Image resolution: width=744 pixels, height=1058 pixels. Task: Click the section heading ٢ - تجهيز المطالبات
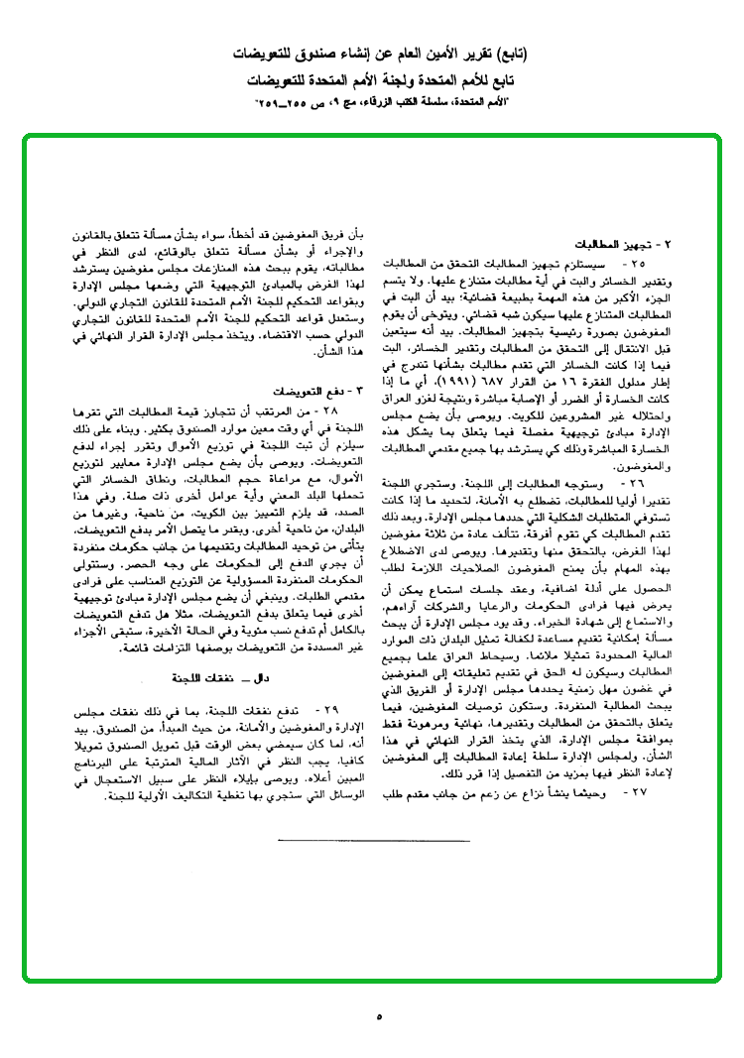(x=624, y=245)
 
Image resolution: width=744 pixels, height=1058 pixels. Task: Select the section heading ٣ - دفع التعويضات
(x=306, y=392)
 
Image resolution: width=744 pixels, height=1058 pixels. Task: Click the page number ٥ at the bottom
(x=379, y=1015)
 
